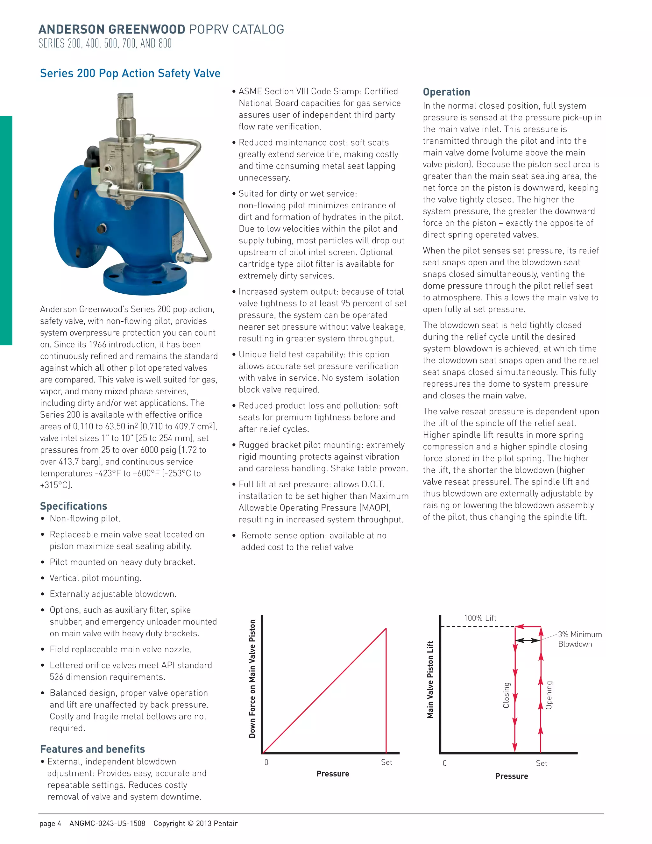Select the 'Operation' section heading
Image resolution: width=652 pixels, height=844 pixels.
[x=447, y=92]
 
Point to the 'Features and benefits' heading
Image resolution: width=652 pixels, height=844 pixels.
[x=92, y=749]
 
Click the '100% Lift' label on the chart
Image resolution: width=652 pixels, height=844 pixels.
[x=480, y=618]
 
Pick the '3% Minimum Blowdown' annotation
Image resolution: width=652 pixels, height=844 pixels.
[x=579, y=639]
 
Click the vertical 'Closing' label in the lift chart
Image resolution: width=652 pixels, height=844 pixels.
[x=506, y=695]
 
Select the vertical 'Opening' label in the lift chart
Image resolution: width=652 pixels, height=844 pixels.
[x=549, y=695]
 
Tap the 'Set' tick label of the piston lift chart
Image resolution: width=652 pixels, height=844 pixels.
[x=541, y=763]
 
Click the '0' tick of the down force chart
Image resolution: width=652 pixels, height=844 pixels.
[x=266, y=762]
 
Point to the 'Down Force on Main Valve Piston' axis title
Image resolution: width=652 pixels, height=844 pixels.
[x=252, y=679]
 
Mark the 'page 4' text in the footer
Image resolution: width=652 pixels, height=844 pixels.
[x=50, y=824]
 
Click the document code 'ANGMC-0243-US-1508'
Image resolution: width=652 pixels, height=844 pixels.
[x=107, y=824]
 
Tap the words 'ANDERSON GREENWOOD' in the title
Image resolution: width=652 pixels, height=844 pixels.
[x=112, y=29]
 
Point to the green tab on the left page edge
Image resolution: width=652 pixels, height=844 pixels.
[x=6, y=230]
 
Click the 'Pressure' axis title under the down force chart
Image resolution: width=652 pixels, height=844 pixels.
[x=333, y=774]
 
